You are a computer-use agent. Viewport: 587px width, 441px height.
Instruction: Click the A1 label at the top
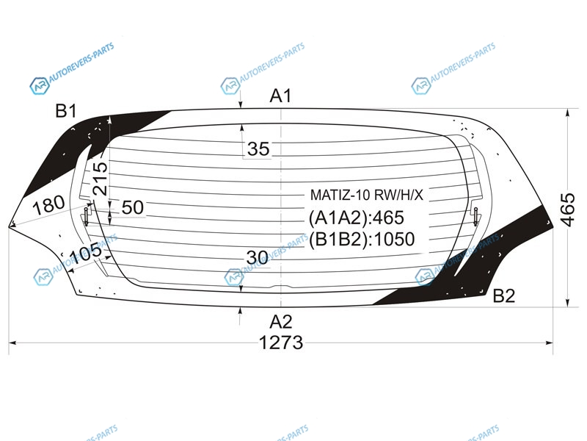click(x=280, y=96)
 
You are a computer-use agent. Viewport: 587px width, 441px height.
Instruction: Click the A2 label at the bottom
click(x=281, y=322)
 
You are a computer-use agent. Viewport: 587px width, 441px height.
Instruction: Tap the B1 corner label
click(x=66, y=111)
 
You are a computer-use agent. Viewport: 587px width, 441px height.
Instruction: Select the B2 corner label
click(x=503, y=296)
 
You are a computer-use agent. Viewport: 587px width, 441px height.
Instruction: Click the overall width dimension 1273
click(x=281, y=343)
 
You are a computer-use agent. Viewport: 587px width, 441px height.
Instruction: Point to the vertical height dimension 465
click(x=567, y=210)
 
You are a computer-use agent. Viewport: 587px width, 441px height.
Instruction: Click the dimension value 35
click(x=258, y=149)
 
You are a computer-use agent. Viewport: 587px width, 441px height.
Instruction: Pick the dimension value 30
click(x=258, y=258)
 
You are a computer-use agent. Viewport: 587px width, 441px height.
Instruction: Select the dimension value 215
click(x=100, y=179)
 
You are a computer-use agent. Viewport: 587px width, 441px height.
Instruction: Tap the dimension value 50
click(x=133, y=207)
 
